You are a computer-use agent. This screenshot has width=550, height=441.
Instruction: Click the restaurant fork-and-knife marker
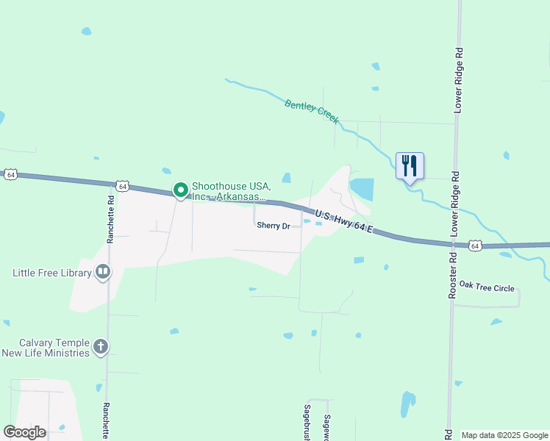click(410, 165)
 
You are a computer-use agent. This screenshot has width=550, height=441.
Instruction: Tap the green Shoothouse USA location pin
click(180, 190)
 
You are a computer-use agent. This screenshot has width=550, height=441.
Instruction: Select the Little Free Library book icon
click(104, 273)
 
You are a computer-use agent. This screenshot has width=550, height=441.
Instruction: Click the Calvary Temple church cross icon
click(101, 346)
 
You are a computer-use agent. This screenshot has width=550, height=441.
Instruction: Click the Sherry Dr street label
click(274, 226)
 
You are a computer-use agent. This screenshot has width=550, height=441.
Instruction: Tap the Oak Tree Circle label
click(486, 288)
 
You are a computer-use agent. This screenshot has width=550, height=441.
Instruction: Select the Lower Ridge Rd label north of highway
click(458, 81)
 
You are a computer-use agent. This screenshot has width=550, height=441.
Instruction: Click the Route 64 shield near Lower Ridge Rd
click(476, 245)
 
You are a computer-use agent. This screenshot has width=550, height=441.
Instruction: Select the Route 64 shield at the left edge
click(10, 174)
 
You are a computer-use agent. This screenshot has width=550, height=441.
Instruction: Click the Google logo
click(24, 432)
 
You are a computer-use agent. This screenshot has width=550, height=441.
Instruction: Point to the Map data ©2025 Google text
click(504, 435)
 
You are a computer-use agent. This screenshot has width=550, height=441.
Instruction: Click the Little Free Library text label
click(51, 273)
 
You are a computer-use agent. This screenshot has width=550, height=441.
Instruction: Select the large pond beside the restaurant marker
click(362, 189)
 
